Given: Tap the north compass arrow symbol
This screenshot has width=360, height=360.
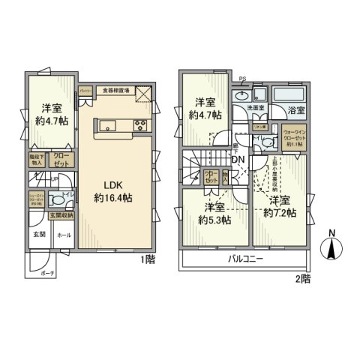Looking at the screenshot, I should click(x=332, y=248).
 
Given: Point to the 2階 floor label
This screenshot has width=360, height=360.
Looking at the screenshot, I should click(x=302, y=277).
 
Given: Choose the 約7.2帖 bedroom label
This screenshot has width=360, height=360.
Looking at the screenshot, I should click(x=279, y=208).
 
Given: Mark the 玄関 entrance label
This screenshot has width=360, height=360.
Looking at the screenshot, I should click(x=39, y=235).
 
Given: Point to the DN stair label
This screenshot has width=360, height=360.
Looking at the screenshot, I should click(x=238, y=160).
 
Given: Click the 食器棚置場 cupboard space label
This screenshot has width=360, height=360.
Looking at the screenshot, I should click(x=116, y=90).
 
